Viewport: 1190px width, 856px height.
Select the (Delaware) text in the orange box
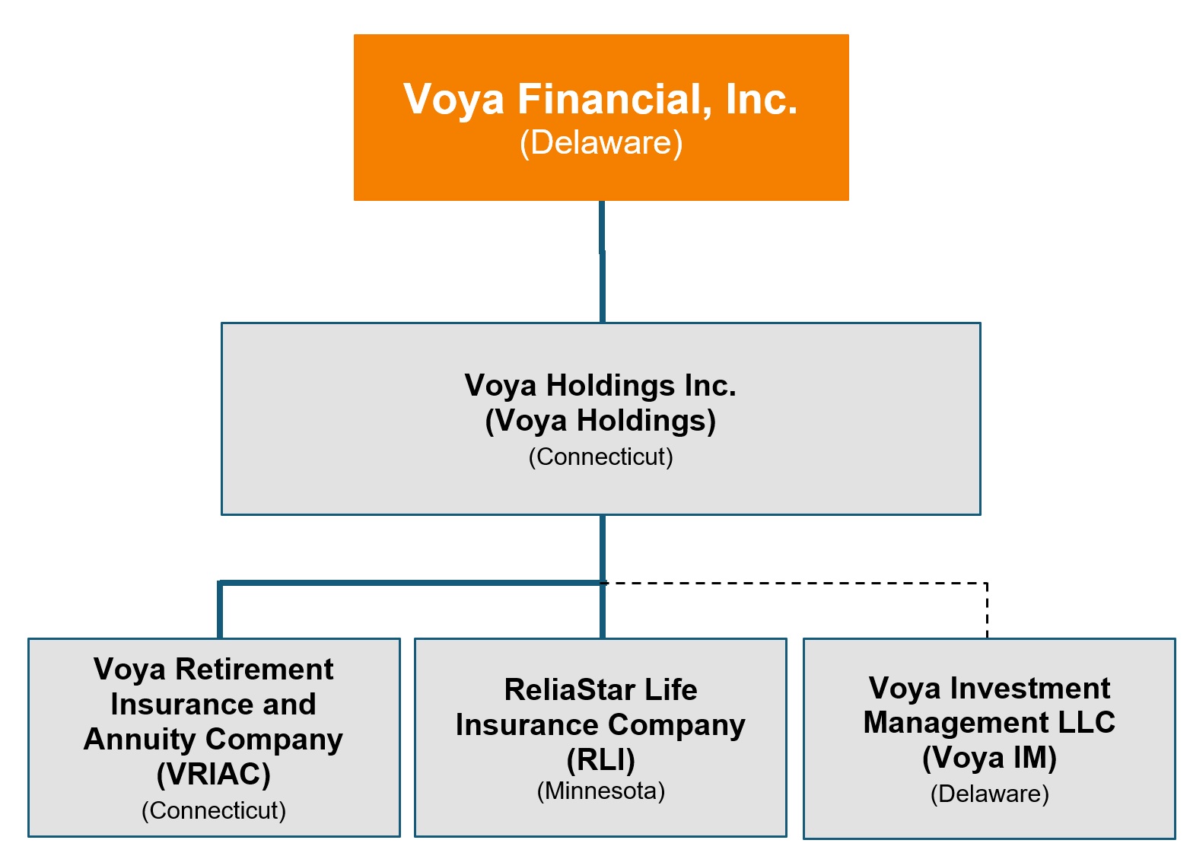(601, 143)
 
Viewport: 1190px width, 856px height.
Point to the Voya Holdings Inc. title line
(600, 386)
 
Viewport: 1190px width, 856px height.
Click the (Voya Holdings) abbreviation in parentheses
(600, 421)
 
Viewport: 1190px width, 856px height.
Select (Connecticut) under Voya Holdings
(600, 457)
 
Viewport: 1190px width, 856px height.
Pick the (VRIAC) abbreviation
(214, 775)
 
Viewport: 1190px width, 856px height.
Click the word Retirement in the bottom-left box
(254, 670)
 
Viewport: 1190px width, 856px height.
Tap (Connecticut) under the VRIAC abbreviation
(214, 810)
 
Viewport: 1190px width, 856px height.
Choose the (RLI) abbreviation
(600, 760)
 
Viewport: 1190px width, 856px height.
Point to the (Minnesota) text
(600, 791)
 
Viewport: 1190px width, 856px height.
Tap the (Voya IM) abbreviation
(989, 758)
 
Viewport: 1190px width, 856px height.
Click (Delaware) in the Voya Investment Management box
(989, 794)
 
